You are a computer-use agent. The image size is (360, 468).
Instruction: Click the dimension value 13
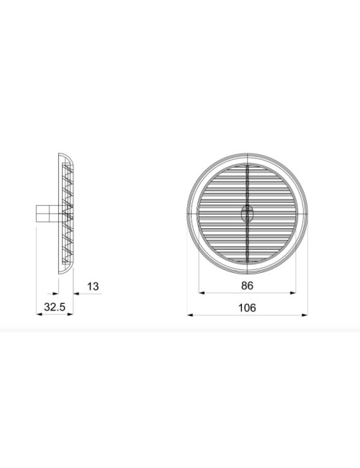93,287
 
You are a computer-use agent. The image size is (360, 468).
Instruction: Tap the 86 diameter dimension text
247,286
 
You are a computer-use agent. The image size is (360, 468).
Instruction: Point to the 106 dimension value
247,307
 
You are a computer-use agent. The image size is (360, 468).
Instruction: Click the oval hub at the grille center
247,213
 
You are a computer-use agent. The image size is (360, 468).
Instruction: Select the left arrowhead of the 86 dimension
201,293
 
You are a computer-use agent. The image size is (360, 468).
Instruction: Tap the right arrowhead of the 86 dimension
293,293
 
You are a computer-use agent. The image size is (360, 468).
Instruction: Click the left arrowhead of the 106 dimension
188,315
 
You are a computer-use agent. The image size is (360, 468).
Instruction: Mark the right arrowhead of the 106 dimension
306,315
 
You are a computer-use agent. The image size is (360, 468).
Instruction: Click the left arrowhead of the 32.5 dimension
38,314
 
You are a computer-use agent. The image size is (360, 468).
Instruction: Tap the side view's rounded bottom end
64,271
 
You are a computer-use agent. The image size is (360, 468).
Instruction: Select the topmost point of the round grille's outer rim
247,154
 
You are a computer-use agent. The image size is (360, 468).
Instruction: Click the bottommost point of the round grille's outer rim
247,273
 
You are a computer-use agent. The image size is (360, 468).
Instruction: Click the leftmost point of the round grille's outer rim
187,214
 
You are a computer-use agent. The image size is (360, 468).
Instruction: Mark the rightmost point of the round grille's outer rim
307,214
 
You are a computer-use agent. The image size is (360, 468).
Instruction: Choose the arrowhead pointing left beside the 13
74,293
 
